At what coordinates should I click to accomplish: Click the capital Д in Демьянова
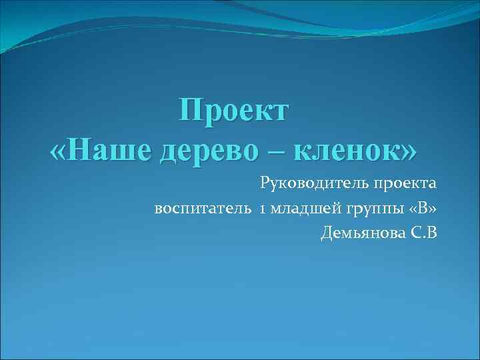pyautogui.click(x=327, y=234)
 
